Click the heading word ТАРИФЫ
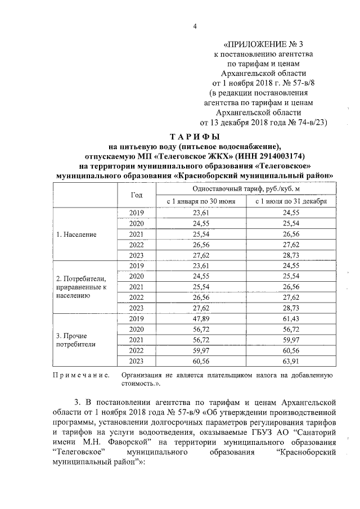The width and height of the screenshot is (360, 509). (195, 137)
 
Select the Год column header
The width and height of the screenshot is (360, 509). (136, 195)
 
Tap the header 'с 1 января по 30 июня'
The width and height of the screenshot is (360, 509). (197, 201)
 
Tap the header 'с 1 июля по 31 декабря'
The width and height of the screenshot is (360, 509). (287, 201)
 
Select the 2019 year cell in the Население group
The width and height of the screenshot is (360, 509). (136, 212)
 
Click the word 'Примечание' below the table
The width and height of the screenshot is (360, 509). (81, 375)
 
